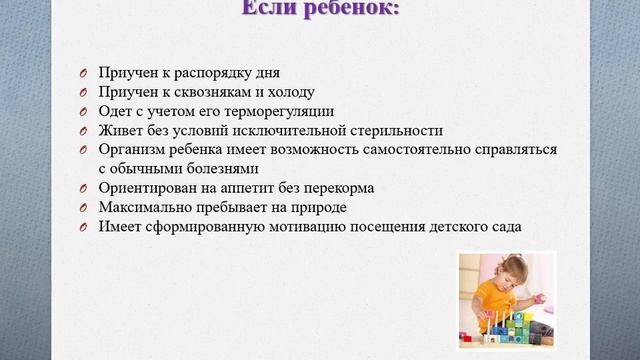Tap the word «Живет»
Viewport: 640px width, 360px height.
(121, 130)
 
